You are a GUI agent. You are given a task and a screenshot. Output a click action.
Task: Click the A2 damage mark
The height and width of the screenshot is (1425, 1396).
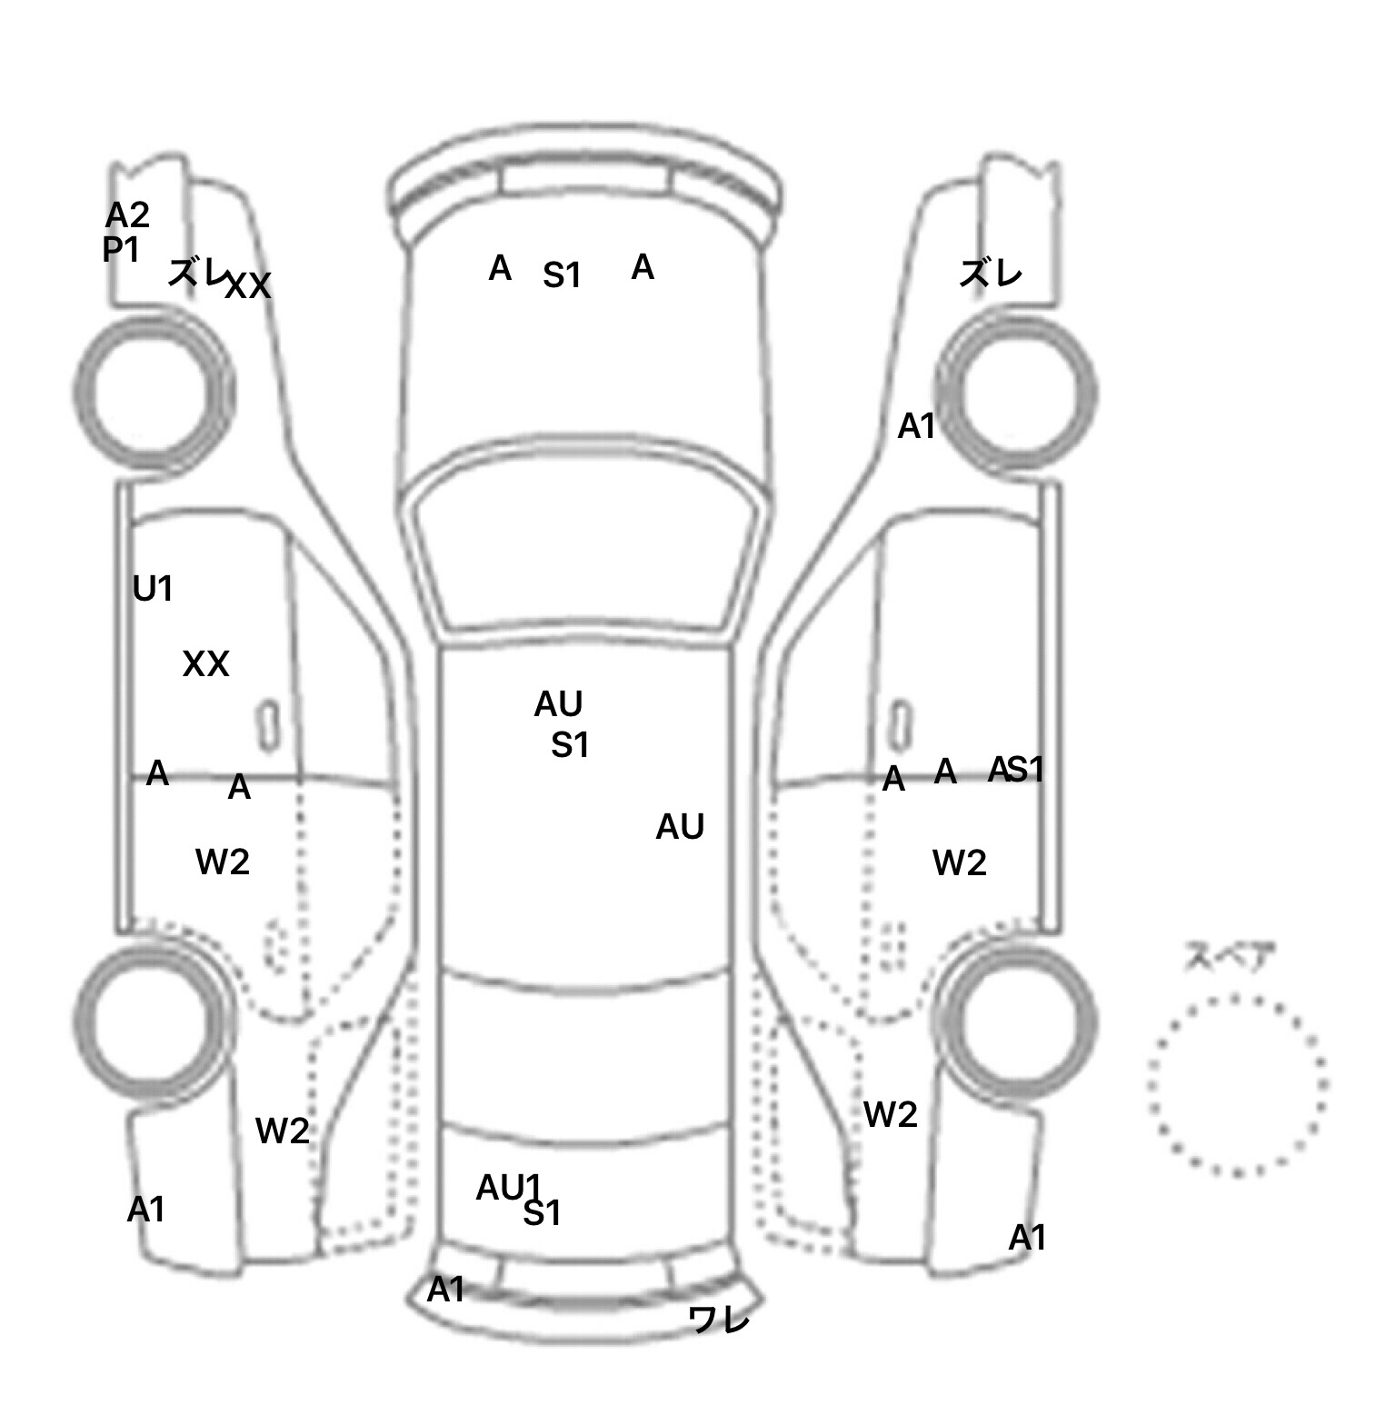pos(127,215)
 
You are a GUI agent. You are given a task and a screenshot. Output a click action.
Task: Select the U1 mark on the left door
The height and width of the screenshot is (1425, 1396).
pos(152,589)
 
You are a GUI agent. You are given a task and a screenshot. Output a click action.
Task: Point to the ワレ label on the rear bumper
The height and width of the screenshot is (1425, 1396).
pos(720,1319)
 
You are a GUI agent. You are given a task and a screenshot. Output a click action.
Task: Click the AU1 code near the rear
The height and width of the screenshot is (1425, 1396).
pos(508,1187)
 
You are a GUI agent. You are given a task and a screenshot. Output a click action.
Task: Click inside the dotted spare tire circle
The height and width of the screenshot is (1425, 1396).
pos(1236,1083)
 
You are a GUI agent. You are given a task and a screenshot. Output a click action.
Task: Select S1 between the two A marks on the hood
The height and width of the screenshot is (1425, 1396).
pos(562,274)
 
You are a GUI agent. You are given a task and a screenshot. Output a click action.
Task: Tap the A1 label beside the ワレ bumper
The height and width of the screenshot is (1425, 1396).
pos(445,1289)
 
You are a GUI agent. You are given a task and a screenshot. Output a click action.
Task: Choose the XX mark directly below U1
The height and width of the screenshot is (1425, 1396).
pos(205,664)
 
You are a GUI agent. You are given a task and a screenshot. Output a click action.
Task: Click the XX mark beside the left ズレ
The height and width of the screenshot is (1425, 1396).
pos(248,286)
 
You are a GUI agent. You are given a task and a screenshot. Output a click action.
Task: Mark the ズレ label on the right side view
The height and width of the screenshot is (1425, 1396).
pos(991,273)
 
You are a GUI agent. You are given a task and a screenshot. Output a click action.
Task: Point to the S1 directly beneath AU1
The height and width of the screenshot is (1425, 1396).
pos(543,1213)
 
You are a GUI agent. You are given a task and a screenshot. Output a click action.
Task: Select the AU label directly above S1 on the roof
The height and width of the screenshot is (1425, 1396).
pos(558,703)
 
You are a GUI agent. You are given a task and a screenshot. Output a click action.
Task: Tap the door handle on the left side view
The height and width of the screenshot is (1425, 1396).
pos(268,725)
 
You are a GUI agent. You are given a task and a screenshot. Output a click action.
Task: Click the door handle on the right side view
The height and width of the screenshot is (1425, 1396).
pos(899,724)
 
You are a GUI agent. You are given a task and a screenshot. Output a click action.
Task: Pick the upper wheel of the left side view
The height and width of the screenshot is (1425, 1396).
pos(152,391)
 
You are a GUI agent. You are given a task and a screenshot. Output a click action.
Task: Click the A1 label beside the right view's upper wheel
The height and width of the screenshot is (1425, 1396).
pos(915,425)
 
